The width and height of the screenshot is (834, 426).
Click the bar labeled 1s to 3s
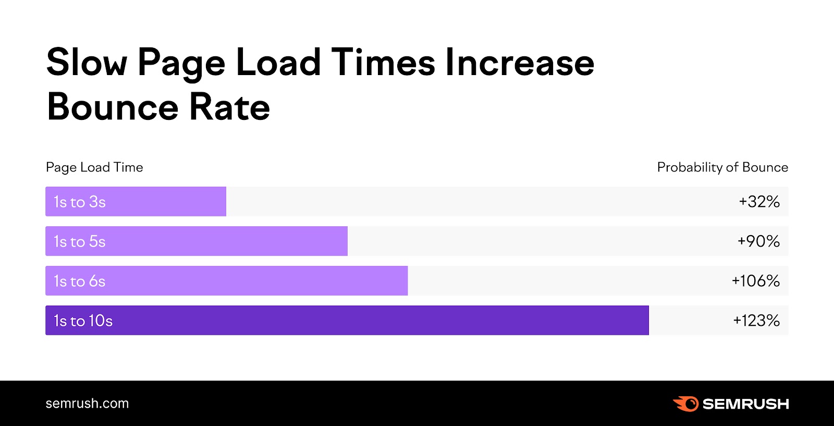[x=136, y=201]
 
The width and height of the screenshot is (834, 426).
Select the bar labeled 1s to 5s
[x=196, y=241]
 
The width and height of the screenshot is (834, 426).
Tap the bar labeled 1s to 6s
[x=226, y=281]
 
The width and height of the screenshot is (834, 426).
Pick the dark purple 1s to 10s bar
[x=347, y=320]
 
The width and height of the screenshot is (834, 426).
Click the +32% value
[x=759, y=202]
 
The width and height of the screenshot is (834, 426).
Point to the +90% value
[x=758, y=241]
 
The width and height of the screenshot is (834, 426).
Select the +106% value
[x=755, y=281]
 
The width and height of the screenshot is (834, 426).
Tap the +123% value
[x=756, y=321]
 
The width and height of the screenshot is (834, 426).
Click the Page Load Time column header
[x=94, y=167]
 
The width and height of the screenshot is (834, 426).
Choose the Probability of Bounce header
[x=722, y=167]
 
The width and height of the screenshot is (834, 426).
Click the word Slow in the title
[x=87, y=63]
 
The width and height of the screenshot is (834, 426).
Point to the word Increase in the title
[x=519, y=63]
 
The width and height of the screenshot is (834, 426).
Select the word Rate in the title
[x=229, y=107]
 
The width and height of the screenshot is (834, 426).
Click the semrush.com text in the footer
[x=87, y=404]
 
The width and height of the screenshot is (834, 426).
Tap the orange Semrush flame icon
[x=685, y=404]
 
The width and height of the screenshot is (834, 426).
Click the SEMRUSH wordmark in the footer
[x=745, y=404]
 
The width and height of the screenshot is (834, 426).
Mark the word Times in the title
[x=383, y=63]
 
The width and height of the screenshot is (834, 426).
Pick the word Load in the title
[x=278, y=63]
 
